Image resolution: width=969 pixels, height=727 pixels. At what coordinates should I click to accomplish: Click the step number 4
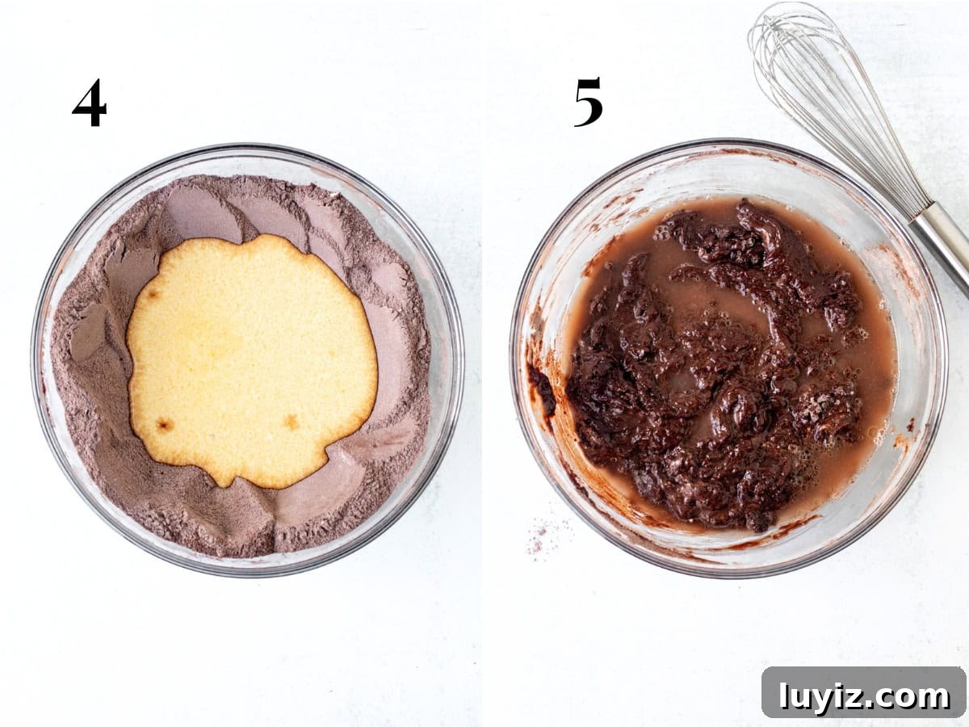[x=90, y=103]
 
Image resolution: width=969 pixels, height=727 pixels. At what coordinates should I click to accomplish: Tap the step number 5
[x=589, y=102]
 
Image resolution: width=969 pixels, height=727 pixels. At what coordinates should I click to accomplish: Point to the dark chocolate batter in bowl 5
[x=715, y=367]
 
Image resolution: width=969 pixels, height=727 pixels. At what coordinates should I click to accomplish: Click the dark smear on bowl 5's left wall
[x=542, y=391]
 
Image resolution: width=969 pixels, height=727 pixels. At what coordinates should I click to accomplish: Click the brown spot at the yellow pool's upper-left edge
[x=153, y=294]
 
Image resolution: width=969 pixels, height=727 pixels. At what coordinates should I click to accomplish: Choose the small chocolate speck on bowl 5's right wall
[x=910, y=427]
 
